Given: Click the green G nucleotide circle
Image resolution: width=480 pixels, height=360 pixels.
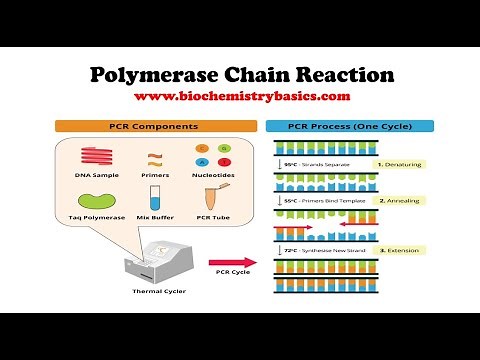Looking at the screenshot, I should coord(218,147).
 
